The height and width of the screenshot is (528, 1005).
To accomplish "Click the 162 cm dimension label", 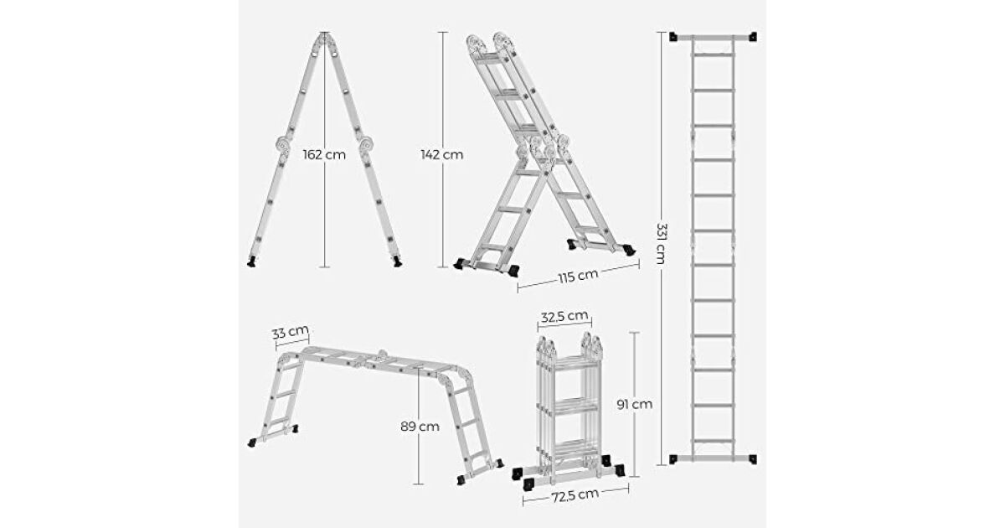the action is click(324, 155).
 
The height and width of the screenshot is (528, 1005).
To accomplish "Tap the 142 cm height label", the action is click(442, 155).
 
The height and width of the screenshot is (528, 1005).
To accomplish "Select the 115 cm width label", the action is click(579, 276).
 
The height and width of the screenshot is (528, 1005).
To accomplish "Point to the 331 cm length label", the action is click(661, 243).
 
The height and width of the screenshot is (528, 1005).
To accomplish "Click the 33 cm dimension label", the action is click(291, 333).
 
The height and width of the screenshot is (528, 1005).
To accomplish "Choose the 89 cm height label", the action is click(420, 426).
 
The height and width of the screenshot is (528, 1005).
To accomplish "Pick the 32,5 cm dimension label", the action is click(564, 317).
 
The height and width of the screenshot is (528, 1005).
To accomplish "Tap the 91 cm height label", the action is click(635, 405).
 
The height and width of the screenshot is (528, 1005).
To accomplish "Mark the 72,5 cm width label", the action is click(575, 495).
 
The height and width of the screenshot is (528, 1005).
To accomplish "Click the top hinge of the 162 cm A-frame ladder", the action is click(324, 42).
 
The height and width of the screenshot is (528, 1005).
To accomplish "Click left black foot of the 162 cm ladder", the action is click(252, 261).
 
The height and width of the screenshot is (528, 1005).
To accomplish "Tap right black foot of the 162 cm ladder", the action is click(397, 261).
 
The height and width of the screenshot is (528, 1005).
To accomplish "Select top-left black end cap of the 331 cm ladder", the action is click(673, 37).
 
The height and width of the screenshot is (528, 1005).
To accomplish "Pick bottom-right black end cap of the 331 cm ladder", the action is click(752, 459).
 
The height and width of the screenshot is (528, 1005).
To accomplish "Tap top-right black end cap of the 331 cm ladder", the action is click(752, 37).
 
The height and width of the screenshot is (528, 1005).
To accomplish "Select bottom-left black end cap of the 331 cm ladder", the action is click(673, 459).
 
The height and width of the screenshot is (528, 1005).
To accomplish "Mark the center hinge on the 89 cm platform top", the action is click(382, 356).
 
